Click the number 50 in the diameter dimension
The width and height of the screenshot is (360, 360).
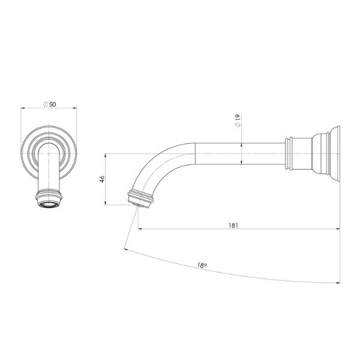53,104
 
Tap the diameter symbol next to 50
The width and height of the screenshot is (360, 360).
46,104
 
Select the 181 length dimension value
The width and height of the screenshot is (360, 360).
233,225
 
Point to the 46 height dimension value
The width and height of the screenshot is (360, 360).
103,179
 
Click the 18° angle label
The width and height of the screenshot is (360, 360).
202,264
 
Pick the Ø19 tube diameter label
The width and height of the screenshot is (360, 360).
238,119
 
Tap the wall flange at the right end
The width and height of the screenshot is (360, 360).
335,153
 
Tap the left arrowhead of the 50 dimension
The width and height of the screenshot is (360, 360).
23,109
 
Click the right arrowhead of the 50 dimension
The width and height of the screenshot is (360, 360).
77,109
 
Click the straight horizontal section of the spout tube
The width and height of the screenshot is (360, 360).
240,153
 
